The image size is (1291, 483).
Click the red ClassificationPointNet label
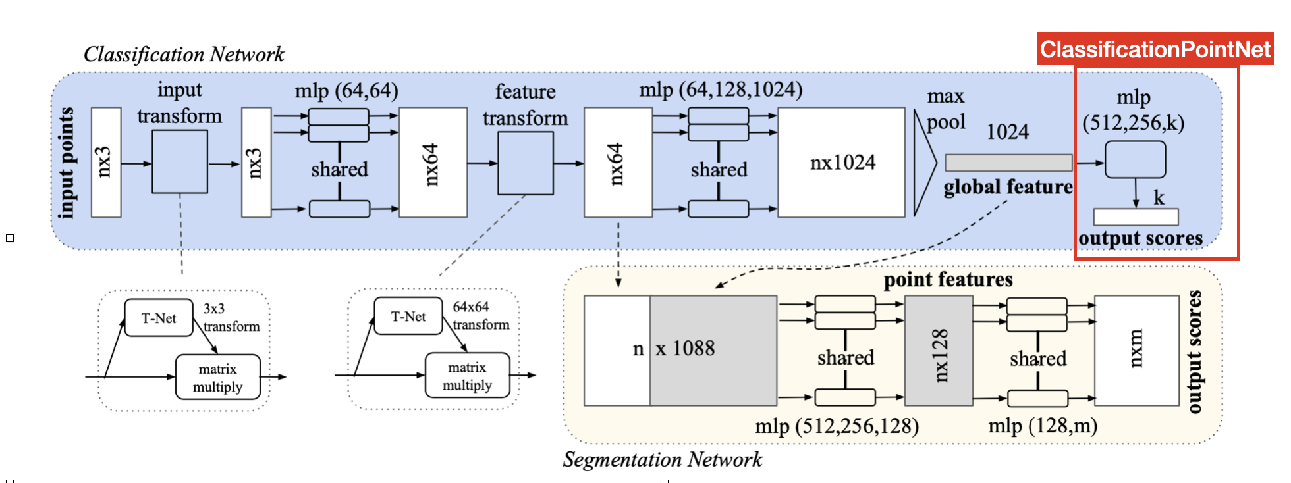pyautogui.click(x=1155, y=49)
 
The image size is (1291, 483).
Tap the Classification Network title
pyautogui.click(x=184, y=54)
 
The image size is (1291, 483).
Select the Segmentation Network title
pyautogui.click(x=662, y=459)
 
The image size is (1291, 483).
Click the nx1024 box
pyautogui.click(x=842, y=163)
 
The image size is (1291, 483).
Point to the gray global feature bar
pyautogui.click(x=1008, y=163)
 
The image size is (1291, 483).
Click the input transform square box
pyautogui.click(x=180, y=162)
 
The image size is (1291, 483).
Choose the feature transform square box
pyautogui.click(x=525, y=163)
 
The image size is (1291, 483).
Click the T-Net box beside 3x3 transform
pyautogui.click(x=159, y=318)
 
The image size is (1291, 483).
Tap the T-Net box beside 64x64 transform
pyautogui.click(x=408, y=317)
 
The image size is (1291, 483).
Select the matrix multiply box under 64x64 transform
pyautogui.click(x=467, y=376)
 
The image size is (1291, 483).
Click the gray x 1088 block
pyautogui.click(x=713, y=350)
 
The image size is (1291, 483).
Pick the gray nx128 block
pyautogui.click(x=939, y=351)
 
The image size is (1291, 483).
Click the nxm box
pyautogui.click(x=1136, y=350)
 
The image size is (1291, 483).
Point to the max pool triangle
pyautogui.click(x=923, y=163)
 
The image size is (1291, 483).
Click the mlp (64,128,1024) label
pyautogui.click(x=721, y=89)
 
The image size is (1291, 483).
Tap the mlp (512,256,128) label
pyautogui.click(x=837, y=426)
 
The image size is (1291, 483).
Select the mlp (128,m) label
pyautogui.click(x=1043, y=426)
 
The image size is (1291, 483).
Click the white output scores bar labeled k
pyautogui.click(x=1136, y=216)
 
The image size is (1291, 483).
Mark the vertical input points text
pyautogui.click(x=66, y=163)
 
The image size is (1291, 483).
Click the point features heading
pyautogui.click(x=948, y=280)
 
